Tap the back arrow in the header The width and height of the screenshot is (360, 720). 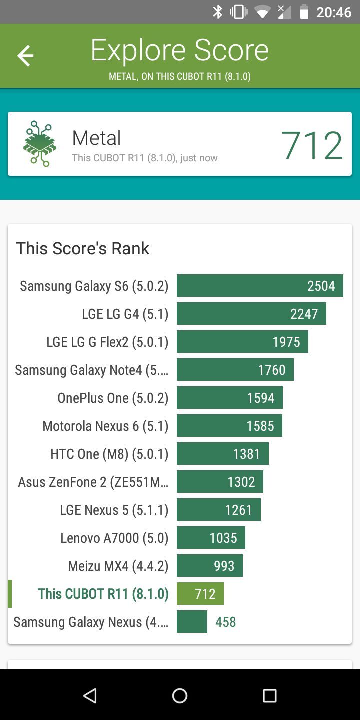25,55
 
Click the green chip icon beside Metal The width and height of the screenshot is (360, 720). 40,144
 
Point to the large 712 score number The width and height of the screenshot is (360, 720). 312,145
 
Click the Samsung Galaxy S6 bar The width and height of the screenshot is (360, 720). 260,286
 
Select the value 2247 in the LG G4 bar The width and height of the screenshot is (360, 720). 304,314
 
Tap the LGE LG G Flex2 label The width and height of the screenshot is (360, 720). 107,342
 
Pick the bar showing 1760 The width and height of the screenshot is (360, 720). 235,370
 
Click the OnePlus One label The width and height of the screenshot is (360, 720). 113,398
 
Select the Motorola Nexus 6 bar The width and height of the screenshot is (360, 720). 229,426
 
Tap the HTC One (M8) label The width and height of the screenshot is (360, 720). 109,454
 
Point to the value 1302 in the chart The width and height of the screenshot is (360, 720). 241,482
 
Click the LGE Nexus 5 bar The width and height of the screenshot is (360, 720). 218,510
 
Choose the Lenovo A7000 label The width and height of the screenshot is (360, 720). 114,538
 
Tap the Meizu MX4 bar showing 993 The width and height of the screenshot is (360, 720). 210,566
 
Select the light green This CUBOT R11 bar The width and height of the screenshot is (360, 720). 200,594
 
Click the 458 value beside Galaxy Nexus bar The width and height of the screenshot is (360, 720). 225,622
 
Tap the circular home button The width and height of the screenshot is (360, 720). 180,695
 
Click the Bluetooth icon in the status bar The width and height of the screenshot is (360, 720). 217,12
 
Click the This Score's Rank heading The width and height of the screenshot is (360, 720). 83,248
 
